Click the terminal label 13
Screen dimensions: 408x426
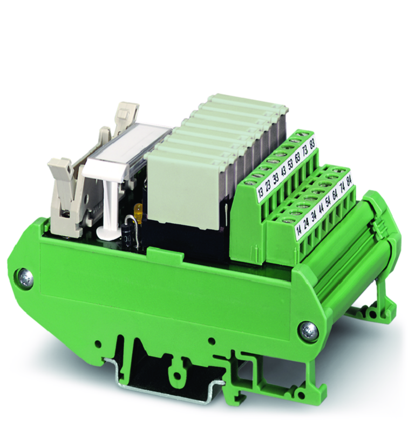(x=261, y=191)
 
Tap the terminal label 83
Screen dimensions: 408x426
(x=312, y=143)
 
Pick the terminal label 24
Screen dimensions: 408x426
(x=307, y=223)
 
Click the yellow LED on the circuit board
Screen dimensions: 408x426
(x=137, y=209)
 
